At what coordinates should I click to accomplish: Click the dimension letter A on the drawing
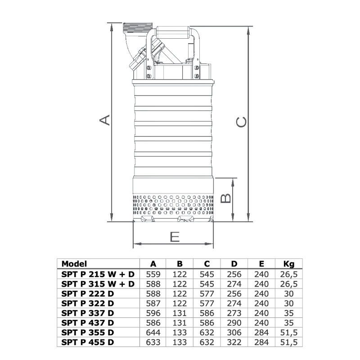(x=104, y=120)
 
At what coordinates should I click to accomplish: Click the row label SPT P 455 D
(x=88, y=343)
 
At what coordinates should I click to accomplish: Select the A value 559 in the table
(x=153, y=274)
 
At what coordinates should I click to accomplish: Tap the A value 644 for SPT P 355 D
(x=153, y=333)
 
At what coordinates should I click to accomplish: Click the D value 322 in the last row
(x=234, y=343)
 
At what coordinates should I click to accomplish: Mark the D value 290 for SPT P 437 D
(x=234, y=324)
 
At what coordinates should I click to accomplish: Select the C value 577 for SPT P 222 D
(x=207, y=294)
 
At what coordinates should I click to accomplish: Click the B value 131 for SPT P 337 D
(x=180, y=314)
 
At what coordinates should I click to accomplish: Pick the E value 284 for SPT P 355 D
(x=261, y=333)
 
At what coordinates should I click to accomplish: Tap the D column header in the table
(x=234, y=264)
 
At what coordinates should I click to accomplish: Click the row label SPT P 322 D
(x=88, y=304)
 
